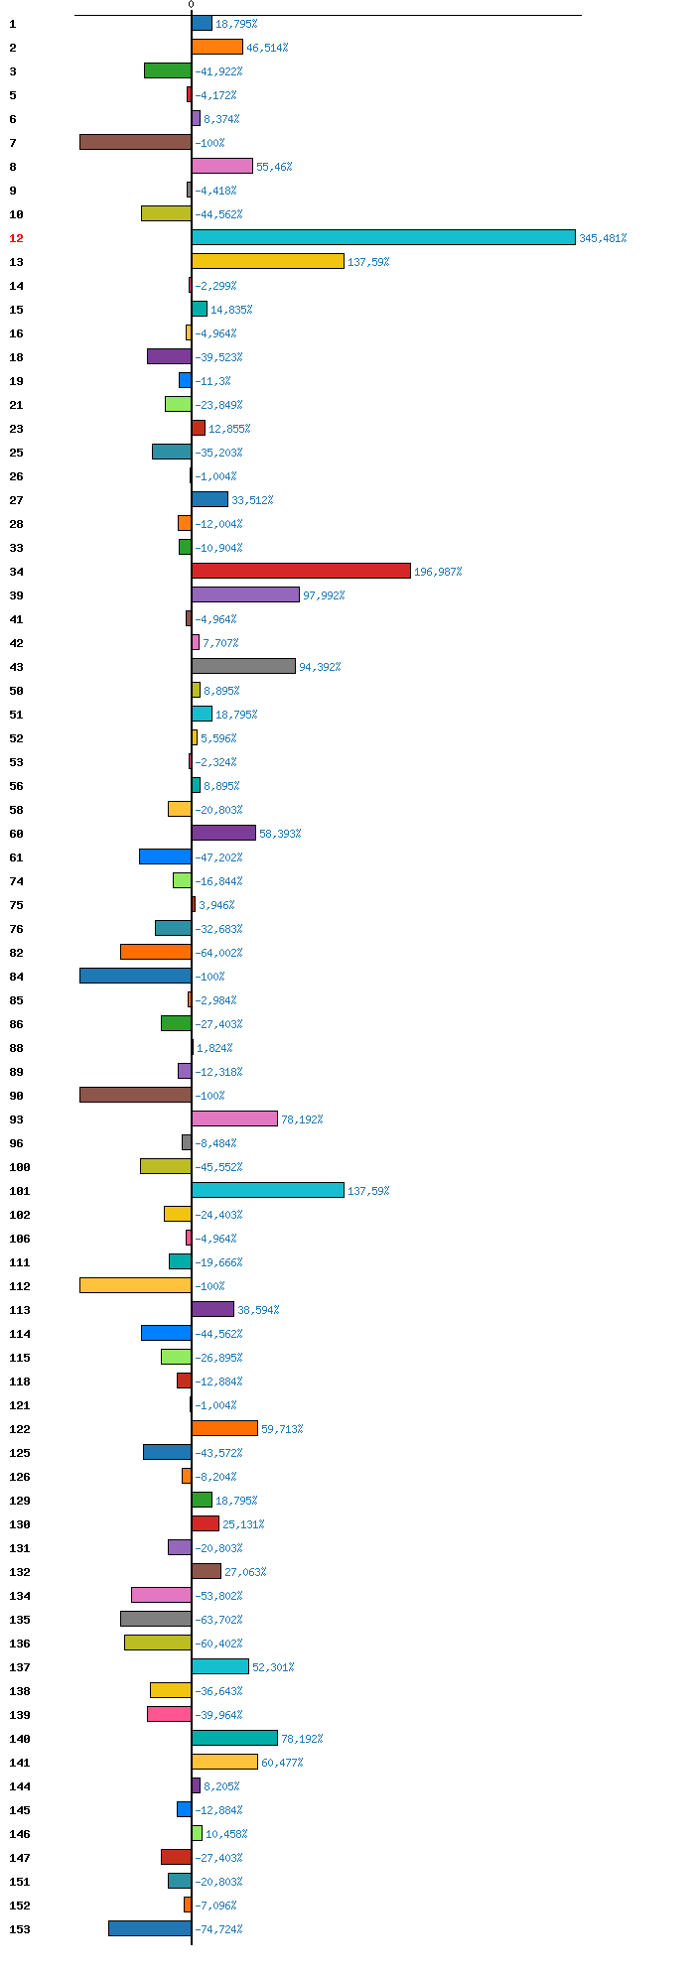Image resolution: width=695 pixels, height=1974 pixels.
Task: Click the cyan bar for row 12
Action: click(383, 237)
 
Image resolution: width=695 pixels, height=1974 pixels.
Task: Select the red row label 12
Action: click(16, 238)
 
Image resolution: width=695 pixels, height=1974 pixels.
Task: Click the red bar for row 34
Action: click(301, 571)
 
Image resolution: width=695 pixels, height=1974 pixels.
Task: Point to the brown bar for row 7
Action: click(135, 142)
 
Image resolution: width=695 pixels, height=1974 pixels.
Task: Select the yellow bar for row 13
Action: click(268, 261)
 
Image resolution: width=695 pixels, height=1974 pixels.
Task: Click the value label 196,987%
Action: click(438, 572)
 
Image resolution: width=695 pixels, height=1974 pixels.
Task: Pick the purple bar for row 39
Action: click(245, 594)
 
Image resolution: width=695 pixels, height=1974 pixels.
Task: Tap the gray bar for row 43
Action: click(243, 666)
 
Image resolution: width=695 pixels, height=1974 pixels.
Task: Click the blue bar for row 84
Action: click(135, 976)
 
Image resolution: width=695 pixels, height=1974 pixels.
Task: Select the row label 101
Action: click(20, 1191)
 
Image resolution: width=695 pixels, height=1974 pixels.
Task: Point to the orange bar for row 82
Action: click(156, 952)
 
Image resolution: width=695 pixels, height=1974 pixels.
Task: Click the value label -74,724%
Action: click(218, 1929)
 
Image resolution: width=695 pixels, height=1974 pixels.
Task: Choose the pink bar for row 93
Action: click(234, 1119)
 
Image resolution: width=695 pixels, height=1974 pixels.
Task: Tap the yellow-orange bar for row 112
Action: click(135, 1285)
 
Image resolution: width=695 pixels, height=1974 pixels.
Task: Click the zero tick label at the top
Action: click(192, 5)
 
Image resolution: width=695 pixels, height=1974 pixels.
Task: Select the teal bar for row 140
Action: click(234, 1738)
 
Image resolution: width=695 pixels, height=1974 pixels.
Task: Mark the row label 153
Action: click(20, 1929)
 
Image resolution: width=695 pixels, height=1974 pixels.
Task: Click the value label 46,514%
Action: click(267, 48)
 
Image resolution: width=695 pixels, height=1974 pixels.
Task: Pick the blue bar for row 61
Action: click(165, 856)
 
